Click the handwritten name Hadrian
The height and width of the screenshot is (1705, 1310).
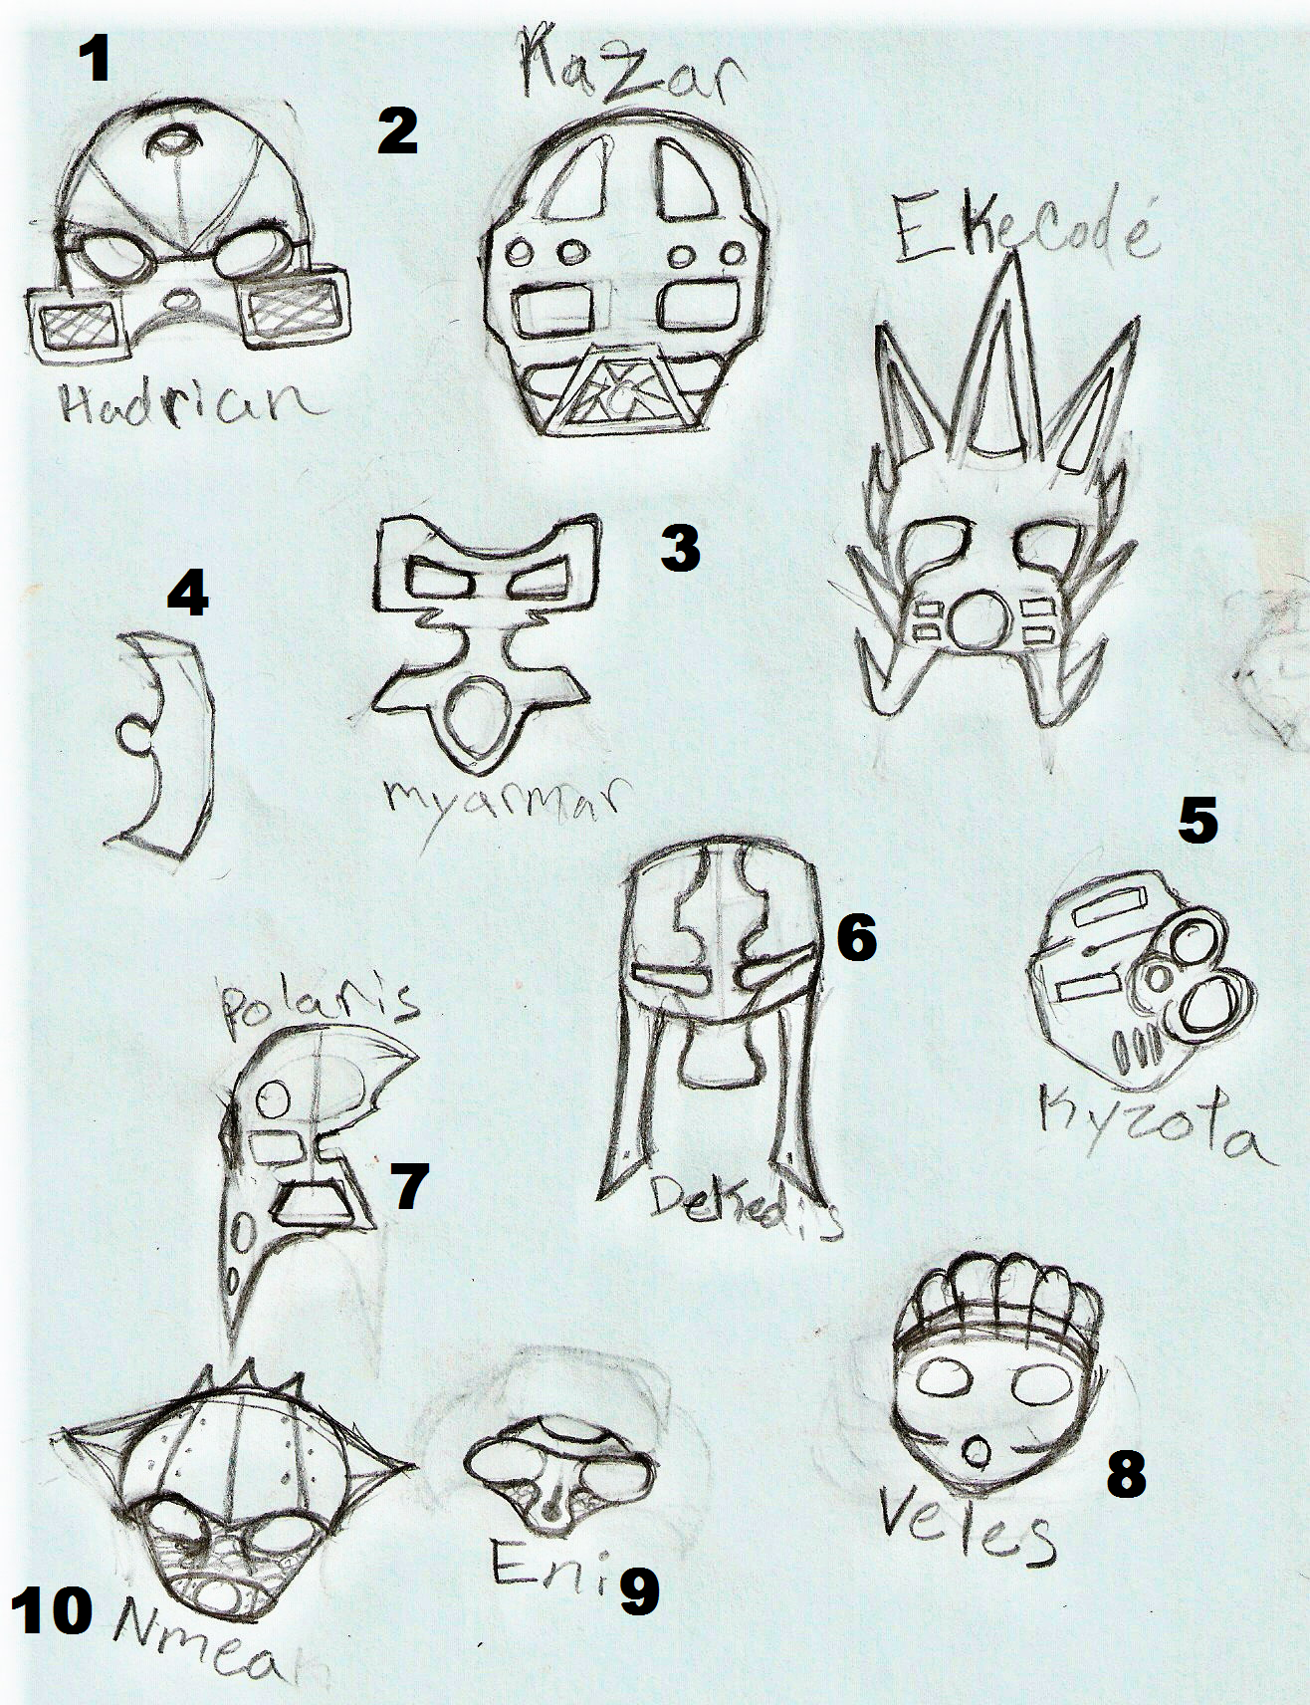coord(189,402)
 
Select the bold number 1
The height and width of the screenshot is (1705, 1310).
coord(96,59)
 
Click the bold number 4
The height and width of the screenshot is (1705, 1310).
coord(187,596)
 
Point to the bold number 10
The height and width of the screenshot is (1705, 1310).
coord(52,1610)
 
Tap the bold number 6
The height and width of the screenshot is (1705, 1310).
coord(856,938)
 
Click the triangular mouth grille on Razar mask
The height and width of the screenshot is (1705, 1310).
coord(622,393)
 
